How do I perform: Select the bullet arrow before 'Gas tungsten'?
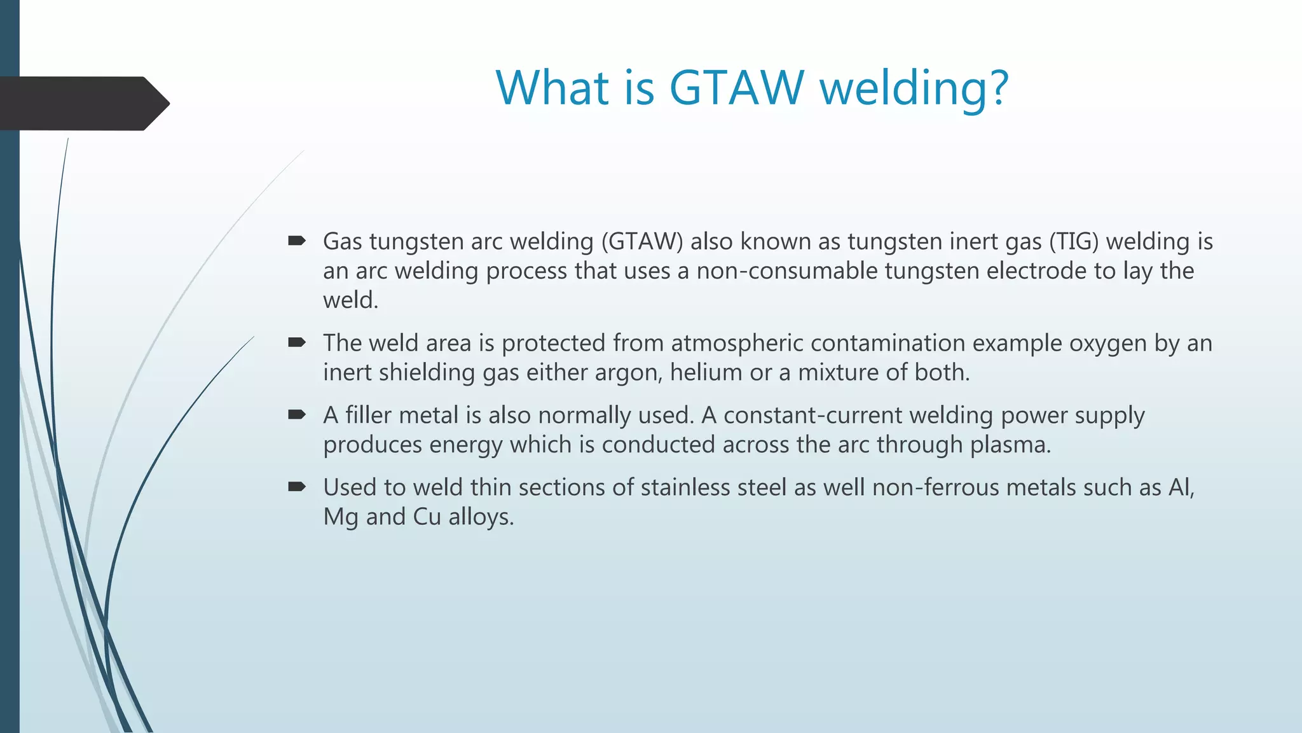point(296,241)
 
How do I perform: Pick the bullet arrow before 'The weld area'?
point(296,343)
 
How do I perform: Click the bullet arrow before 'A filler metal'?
point(296,415)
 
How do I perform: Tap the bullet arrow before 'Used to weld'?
point(296,487)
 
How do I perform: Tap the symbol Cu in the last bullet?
point(427,517)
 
